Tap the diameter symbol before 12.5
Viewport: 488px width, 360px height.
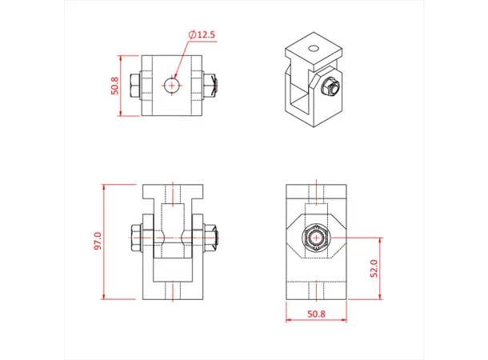point(193,35)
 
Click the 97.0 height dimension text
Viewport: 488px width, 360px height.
point(98,242)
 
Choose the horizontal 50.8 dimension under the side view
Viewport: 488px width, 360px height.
point(317,315)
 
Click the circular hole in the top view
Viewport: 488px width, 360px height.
point(172,84)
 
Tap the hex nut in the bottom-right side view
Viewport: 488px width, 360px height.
point(318,238)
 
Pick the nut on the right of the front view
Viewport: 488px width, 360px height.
point(211,238)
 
